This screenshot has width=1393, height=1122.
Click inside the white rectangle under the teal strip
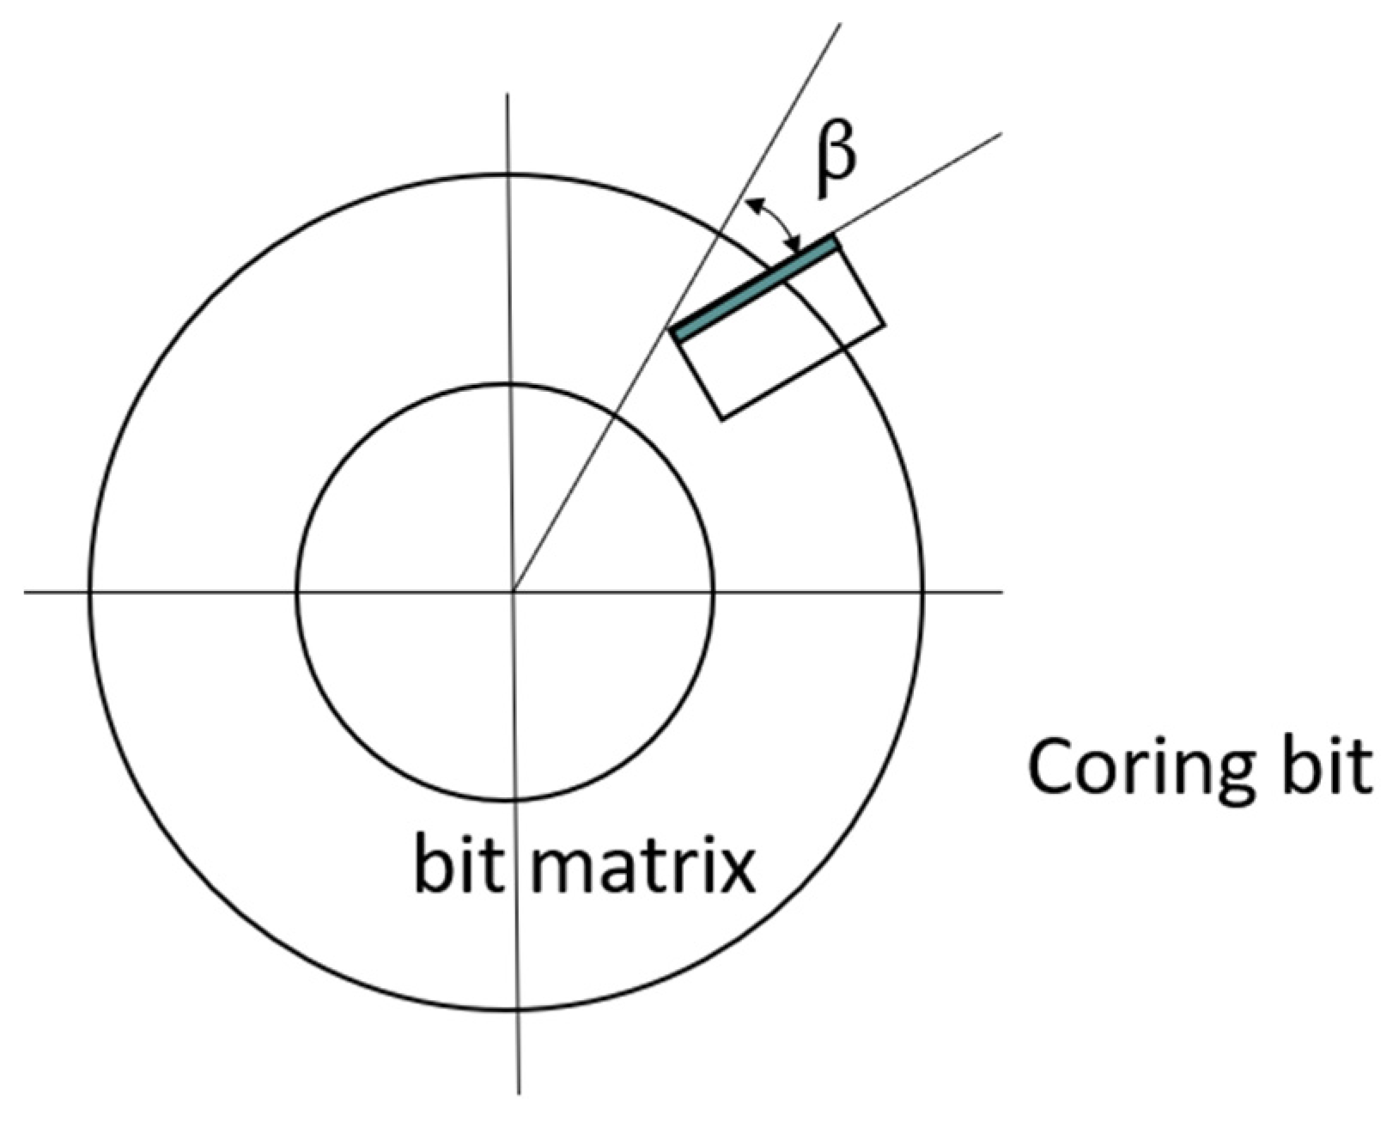782,335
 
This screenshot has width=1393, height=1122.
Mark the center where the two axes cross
514,591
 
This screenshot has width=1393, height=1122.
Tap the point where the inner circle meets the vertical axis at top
510,383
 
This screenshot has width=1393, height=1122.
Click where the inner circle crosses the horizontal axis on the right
713,591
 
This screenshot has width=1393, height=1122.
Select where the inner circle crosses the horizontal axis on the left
297,591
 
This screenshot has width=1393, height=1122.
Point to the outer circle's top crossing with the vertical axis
509,174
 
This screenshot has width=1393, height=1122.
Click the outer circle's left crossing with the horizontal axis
89,591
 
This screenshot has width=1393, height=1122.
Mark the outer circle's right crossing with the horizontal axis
923,591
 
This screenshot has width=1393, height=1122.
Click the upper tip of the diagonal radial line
839,24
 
